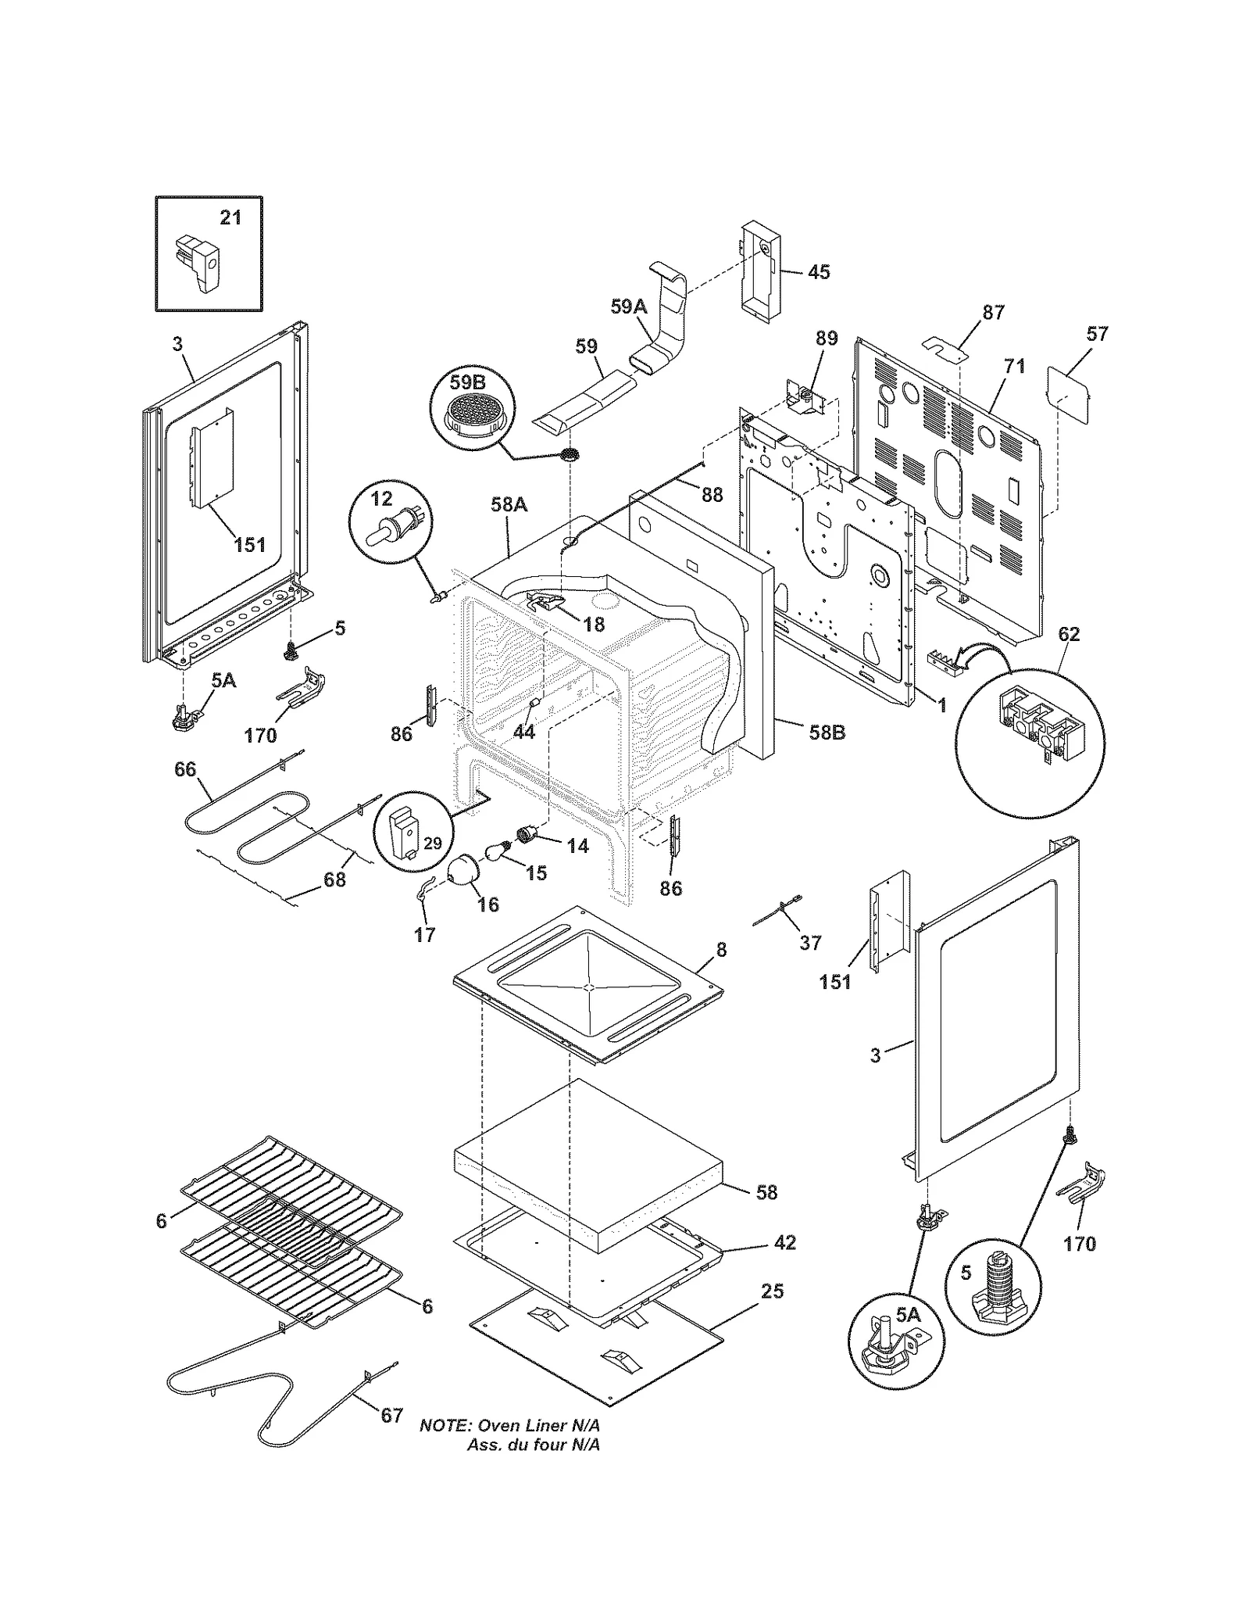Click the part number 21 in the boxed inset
(230, 217)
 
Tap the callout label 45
(818, 272)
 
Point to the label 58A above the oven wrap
(509, 505)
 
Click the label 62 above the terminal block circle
(1068, 634)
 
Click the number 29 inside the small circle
(432, 843)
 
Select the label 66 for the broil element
(185, 769)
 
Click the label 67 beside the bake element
(391, 1438)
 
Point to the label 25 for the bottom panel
(772, 1291)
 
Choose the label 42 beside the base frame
(784, 1241)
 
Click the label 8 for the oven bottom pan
(721, 949)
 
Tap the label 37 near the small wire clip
(810, 942)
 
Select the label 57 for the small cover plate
(1097, 334)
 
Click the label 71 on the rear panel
(1014, 366)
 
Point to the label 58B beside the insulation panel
(827, 733)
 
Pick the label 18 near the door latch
(593, 624)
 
